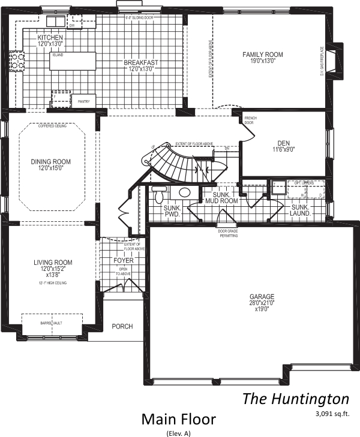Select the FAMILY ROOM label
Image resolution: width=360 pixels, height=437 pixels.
pyautogui.click(x=262, y=55)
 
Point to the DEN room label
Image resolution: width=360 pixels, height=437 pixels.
pyautogui.click(x=283, y=143)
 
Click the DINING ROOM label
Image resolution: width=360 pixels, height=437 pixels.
pyautogui.click(x=51, y=162)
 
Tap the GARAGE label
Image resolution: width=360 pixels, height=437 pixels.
pyautogui.click(x=262, y=297)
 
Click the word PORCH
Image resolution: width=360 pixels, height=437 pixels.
pyautogui.click(x=122, y=327)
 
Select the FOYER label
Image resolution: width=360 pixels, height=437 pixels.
pyautogui.click(x=124, y=261)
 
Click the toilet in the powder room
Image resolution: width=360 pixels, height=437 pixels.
pyautogui.click(x=159, y=195)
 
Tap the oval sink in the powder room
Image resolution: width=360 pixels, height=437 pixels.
pyautogui.click(x=184, y=192)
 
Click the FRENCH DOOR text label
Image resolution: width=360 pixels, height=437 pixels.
pyautogui.click(x=250, y=120)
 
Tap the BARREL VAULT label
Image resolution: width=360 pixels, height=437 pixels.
pyautogui.click(x=51, y=323)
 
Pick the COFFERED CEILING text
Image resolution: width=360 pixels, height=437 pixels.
pyautogui.click(x=52, y=126)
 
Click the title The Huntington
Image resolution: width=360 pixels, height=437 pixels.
pyautogui.click(x=295, y=399)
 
